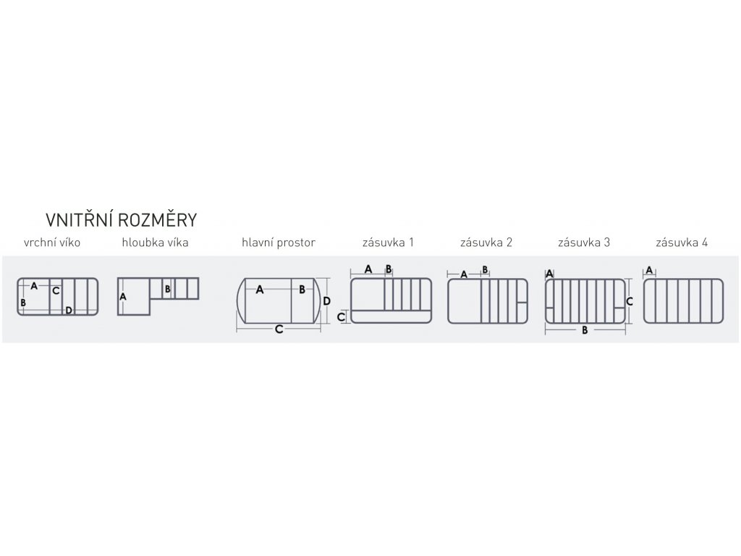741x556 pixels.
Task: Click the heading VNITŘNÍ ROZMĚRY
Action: (x=122, y=219)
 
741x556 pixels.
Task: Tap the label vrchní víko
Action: (x=52, y=243)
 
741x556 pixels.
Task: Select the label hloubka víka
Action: (x=155, y=243)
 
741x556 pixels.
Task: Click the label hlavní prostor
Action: (x=279, y=243)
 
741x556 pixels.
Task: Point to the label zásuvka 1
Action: (x=389, y=243)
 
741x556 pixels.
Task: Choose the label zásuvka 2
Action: (x=486, y=243)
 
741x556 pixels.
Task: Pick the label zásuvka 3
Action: (x=584, y=243)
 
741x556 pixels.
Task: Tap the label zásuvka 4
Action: (x=682, y=243)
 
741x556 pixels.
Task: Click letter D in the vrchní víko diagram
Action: (x=69, y=311)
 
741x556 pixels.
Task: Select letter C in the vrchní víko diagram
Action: (x=56, y=291)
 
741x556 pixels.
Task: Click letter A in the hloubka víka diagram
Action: (x=123, y=297)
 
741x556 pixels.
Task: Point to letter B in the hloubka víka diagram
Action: (x=167, y=290)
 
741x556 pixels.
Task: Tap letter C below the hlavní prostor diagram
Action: (x=279, y=329)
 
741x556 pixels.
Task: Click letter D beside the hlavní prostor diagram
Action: (x=326, y=300)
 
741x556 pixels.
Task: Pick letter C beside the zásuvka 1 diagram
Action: (x=341, y=316)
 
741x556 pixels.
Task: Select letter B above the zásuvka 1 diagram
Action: (x=389, y=269)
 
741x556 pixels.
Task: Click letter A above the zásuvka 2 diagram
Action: (x=464, y=274)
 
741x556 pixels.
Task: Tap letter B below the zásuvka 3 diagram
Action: (x=584, y=331)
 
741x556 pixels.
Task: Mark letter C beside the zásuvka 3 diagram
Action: (x=630, y=300)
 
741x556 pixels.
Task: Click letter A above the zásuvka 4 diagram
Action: (x=649, y=270)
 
